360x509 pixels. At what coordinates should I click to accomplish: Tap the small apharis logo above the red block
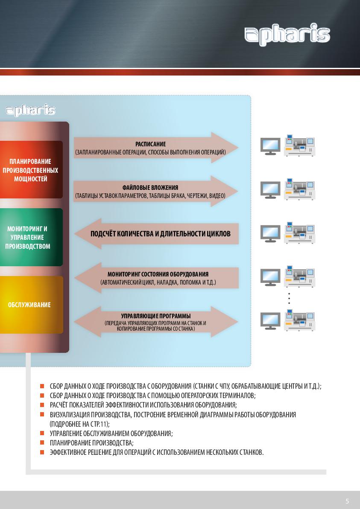(31, 111)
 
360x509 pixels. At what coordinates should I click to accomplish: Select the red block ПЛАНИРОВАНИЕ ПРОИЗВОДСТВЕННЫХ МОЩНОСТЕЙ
(31, 170)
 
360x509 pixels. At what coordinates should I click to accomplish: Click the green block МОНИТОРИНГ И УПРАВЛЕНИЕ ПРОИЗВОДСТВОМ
(31, 237)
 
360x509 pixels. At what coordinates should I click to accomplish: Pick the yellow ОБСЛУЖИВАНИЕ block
(31, 305)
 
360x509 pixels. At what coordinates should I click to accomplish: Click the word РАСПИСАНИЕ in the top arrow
(150, 144)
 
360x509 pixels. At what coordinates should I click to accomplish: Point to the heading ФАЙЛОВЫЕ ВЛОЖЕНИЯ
(150, 188)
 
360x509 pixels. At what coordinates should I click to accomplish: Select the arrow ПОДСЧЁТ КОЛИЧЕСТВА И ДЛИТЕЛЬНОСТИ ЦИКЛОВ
(157, 234)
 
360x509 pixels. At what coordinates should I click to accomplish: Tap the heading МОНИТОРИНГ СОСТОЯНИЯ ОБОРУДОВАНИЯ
(158, 274)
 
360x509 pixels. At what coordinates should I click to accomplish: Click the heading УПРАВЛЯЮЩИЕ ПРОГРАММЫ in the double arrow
(156, 316)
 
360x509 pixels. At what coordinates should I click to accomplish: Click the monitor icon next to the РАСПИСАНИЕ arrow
(270, 146)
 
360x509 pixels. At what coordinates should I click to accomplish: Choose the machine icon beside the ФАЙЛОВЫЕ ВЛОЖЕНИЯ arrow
(299, 189)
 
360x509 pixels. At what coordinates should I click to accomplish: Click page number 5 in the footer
(347, 501)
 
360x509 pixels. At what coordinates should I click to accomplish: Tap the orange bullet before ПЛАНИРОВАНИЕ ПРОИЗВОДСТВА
(42, 442)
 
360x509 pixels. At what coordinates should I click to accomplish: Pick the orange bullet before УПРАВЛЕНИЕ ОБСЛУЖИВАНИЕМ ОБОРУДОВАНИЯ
(42, 433)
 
